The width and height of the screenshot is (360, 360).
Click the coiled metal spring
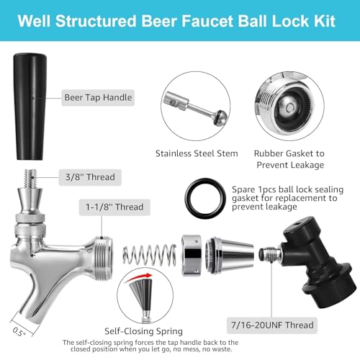click(150, 255)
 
